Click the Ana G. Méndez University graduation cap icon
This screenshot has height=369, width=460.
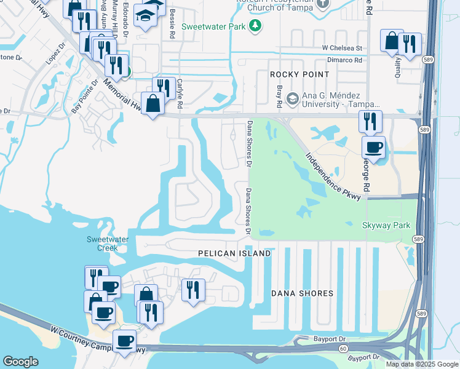pyautogui.click(x=292, y=98)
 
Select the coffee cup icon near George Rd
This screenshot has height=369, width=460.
pyautogui.click(x=374, y=148)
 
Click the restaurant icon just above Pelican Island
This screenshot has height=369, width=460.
pyautogui.click(x=193, y=289)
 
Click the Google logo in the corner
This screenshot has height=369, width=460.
pyautogui.click(x=20, y=362)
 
